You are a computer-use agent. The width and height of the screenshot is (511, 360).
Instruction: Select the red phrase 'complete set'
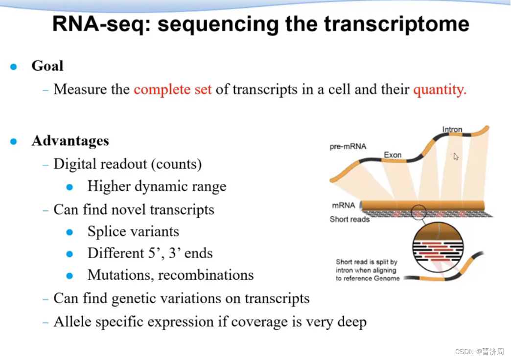(172, 90)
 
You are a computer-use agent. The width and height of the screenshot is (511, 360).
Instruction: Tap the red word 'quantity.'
(440, 90)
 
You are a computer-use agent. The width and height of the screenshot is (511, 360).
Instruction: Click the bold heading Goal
(47, 66)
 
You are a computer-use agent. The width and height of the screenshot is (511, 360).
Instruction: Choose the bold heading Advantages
(70, 141)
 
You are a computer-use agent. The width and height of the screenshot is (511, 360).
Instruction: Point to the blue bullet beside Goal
(14, 67)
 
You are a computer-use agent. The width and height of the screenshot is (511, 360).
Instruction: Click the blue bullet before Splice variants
(70, 232)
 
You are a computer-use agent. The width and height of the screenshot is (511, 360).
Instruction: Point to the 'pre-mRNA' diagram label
(348, 146)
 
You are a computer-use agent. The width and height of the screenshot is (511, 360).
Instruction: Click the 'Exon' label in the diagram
(393, 155)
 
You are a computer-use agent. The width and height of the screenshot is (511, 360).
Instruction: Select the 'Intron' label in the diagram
(452, 130)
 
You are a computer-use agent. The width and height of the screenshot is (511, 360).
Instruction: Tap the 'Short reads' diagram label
(349, 219)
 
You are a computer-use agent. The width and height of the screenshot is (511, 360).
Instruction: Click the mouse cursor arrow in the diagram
(456, 157)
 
